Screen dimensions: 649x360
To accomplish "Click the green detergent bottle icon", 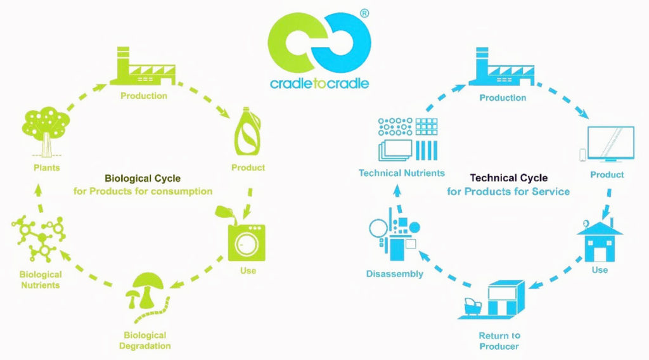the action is (248, 132).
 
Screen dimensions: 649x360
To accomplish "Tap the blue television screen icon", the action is (611, 144).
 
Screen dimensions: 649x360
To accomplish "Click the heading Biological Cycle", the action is (143, 178).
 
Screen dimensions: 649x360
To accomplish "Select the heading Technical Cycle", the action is (509, 178).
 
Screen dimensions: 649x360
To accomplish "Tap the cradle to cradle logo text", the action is (319, 83).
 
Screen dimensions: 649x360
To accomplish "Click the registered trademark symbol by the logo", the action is (364, 13).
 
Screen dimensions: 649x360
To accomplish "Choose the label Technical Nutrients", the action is (401, 173).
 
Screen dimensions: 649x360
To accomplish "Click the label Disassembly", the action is (394, 274).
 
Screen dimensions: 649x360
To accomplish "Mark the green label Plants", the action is (47, 167).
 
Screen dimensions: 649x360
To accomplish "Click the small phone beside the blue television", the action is (582, 155).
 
